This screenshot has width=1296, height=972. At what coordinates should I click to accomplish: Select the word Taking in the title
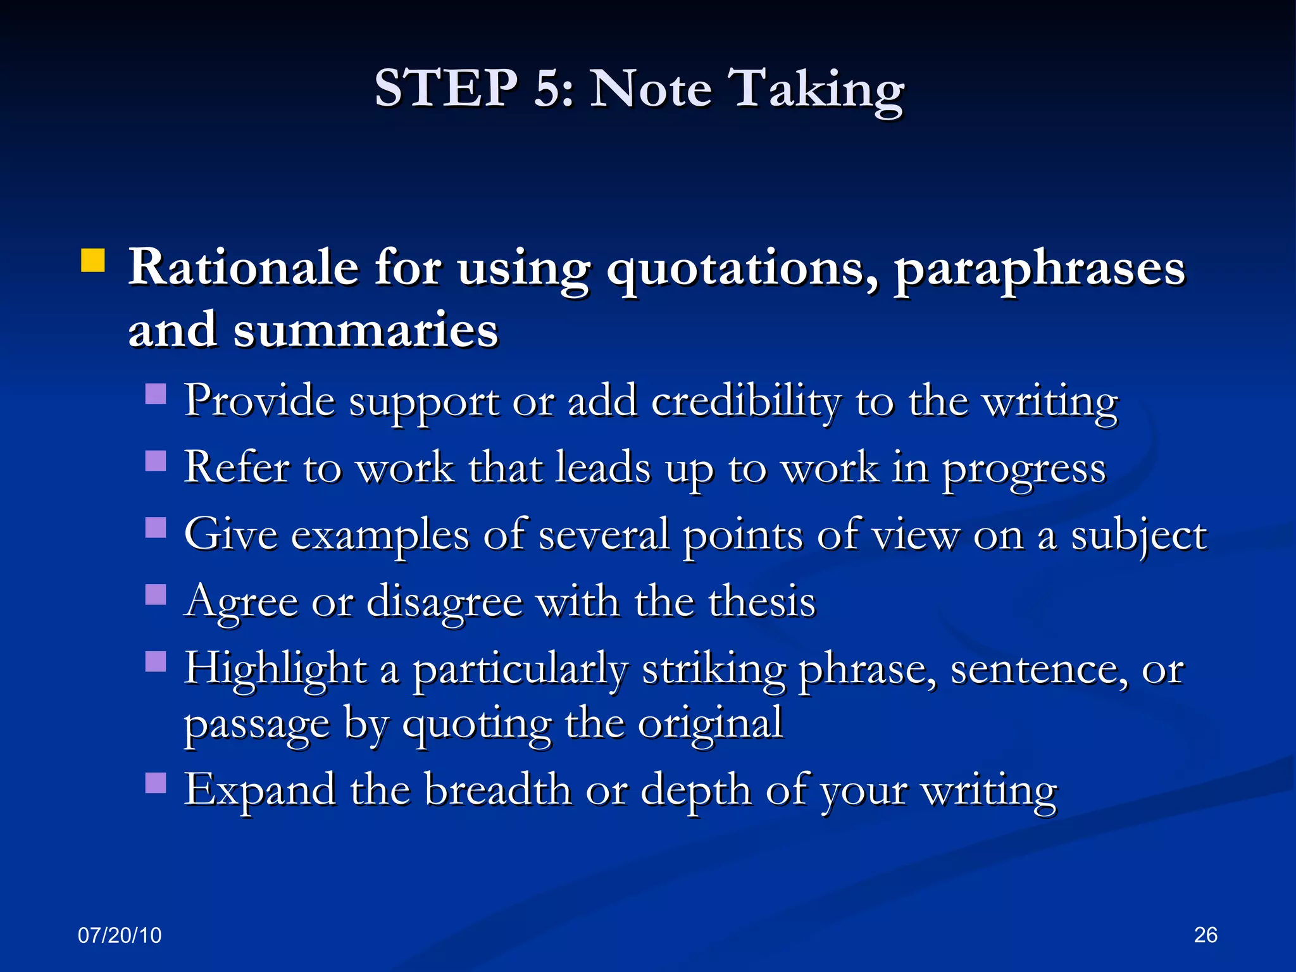pos(816,90)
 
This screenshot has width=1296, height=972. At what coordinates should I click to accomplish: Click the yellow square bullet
pos(93,261)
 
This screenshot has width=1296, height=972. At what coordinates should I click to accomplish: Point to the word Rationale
pos(244,268)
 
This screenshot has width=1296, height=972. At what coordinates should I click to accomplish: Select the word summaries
pos(366,330)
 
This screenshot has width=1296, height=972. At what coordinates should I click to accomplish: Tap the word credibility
pos(746,403)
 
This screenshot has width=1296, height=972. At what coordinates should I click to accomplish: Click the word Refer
pos(236,468)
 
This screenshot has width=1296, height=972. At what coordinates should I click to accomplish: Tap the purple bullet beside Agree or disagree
pos(156,594)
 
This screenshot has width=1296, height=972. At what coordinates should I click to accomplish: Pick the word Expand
pos(259,791)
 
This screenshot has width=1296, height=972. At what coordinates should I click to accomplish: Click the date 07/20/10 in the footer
pos(120,935)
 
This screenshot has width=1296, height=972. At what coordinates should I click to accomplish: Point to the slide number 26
pos(1206,935)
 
